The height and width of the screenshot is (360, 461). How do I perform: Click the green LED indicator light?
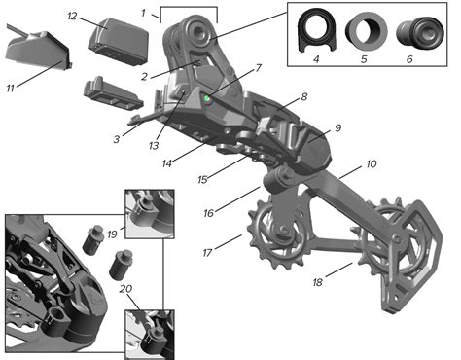[206, 98]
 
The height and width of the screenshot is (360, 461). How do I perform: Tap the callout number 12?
[72, 16]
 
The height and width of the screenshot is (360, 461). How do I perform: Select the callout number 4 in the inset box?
[316, 59]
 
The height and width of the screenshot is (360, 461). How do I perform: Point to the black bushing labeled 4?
[317, 31]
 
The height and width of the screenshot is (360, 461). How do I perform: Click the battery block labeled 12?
[118, 41]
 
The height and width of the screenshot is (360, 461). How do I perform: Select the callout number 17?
[207, 252]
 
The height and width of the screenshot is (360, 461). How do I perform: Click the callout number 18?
[318, 282]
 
